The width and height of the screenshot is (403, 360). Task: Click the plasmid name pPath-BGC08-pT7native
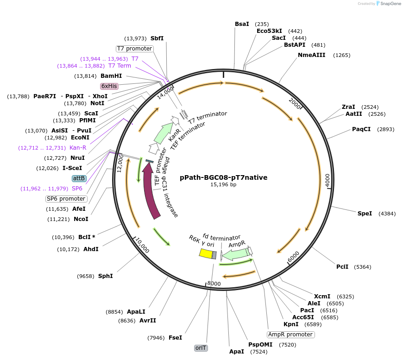click(224, 177)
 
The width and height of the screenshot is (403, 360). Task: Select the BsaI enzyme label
click(242, 24)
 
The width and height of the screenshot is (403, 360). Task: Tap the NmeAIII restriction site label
click(311, 55)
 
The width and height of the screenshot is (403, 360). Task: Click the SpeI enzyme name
click(365, 214)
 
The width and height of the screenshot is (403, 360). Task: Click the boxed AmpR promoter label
click(291, 335)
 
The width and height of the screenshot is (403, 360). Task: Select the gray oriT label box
click(201, 348)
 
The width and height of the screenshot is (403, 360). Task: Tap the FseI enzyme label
click(175, 338)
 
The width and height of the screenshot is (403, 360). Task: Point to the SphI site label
click(105, 276)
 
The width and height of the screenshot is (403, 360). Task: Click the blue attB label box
click(79, 178)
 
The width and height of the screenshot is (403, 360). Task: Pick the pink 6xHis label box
click(109, 86)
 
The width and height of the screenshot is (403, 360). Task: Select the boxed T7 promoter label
click(134, 49)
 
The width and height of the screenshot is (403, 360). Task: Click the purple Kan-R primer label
click(78, 148)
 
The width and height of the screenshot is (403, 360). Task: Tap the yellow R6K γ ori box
click(206, 253)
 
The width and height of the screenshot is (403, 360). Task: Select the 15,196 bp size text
click(223, 184)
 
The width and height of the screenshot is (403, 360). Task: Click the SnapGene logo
click(388, 4)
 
